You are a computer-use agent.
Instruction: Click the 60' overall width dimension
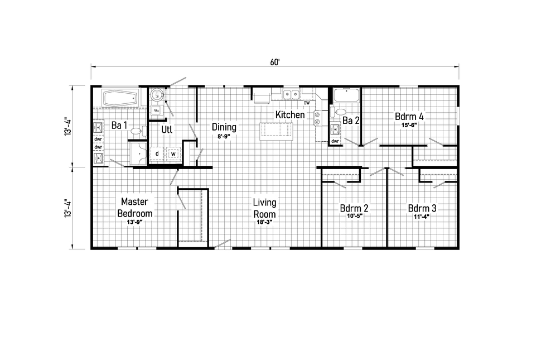coord(275,63)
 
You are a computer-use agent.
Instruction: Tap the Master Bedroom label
coord(135,207)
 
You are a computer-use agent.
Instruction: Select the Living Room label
coord(264,208)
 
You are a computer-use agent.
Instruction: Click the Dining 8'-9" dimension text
coord(224,136)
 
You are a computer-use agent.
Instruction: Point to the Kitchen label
coord(290,114)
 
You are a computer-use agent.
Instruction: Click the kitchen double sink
coord(291,94)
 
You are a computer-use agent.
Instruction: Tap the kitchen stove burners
coord(317,118)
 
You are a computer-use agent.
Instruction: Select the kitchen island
coord(277,131)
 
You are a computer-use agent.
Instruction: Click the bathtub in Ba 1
coord(120,98)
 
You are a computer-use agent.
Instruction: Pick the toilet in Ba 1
coord(138,131)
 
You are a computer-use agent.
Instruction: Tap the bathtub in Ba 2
coord(346,95)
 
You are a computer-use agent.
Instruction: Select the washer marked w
coord(173,154)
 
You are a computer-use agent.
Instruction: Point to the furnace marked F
coord(156,111)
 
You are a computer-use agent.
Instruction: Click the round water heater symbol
coord(156,94)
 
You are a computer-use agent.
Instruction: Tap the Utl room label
coord(167,129)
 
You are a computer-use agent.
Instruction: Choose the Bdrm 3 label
coord(422,208)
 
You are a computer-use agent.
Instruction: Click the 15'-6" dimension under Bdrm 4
coord(409,125)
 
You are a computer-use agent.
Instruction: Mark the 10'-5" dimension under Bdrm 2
coord(355,216)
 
